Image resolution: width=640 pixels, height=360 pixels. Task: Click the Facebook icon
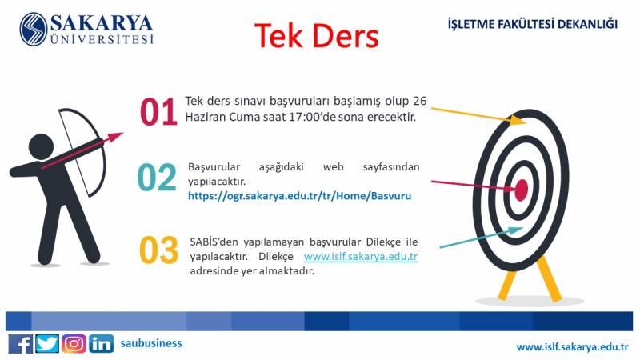click(21, 344)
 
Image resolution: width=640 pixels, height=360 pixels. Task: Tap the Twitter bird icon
click(47, 344)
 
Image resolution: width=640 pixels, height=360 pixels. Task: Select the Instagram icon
click(74, 344)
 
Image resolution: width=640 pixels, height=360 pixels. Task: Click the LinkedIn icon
click(101, 344)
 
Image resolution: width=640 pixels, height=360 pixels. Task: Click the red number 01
click(158, 111)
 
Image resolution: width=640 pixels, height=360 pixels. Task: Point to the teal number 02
click(157, 178)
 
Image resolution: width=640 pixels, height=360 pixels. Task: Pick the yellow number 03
click(158, 250)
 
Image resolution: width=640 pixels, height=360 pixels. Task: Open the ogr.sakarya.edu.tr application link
click(299, 196)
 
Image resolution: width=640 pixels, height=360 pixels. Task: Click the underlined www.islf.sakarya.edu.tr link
click(361, 257)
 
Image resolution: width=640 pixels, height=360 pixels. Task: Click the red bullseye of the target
click(522, 190)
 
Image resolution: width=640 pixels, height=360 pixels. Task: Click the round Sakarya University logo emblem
click(34, 30)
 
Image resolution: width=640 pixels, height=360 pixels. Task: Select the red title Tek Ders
click(317, 36)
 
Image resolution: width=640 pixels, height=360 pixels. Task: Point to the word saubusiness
click(151, 343)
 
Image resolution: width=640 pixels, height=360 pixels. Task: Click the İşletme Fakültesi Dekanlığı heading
click(533, 24)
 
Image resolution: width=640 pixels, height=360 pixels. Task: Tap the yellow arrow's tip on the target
click(526, 122)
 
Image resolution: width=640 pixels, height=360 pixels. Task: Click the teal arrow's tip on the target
click(523, 229)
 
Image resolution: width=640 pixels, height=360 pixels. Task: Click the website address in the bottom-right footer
click(573, 347)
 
